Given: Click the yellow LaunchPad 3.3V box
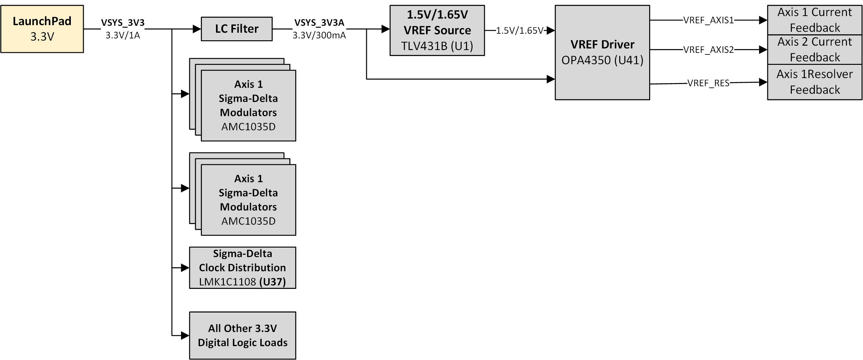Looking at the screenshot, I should (42, 29).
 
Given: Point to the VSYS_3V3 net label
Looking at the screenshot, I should (122, 22).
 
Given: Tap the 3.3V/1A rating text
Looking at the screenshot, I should (122, 35).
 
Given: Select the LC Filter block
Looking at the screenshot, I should (236, 29).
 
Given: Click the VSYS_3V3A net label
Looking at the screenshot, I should (319, 22).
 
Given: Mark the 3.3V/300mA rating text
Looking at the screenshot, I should (319, 35).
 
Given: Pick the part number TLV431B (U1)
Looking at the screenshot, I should (437, 46).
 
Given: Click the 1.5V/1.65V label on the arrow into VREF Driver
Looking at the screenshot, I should (519, 31).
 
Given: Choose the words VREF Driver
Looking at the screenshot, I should (602, 44).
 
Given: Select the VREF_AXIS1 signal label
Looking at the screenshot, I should (708, 20).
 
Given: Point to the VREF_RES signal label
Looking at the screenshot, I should (708, 83).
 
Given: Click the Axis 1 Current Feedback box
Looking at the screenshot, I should (815, 20).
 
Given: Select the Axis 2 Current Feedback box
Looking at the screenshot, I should (815, 49).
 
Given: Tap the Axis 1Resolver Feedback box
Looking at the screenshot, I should (815, 82).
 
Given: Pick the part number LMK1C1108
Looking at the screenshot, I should (227, 282).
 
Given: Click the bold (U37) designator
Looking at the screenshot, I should (272, 282).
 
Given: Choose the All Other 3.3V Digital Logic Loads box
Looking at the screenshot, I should (242, 335).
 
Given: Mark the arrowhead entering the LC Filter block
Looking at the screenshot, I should (197, 29).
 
